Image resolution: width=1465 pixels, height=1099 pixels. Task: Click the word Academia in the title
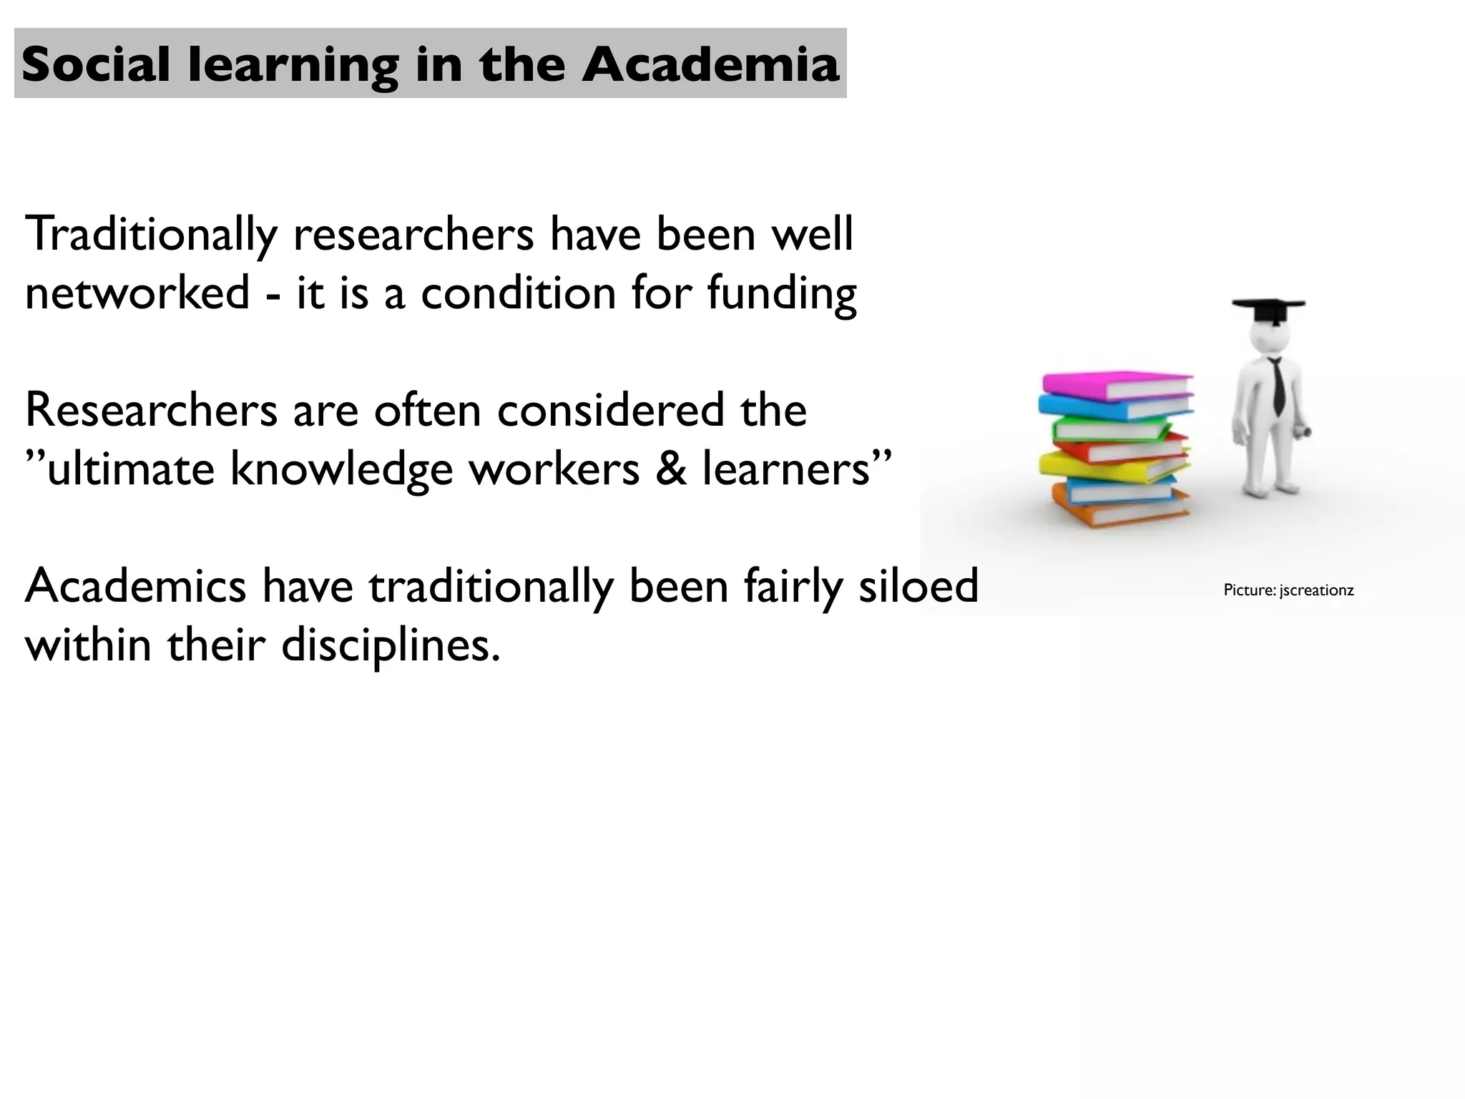[x=710, y=64]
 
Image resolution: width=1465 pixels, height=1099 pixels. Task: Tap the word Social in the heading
[x=96, y=64]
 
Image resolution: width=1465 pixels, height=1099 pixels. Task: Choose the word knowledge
[x=341, y=470]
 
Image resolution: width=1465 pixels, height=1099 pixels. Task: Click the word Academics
[x=136, y=585]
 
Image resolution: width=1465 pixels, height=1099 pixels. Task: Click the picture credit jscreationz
[x=1316, y=590]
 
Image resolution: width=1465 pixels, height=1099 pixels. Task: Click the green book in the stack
[x=1109, y=429]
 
